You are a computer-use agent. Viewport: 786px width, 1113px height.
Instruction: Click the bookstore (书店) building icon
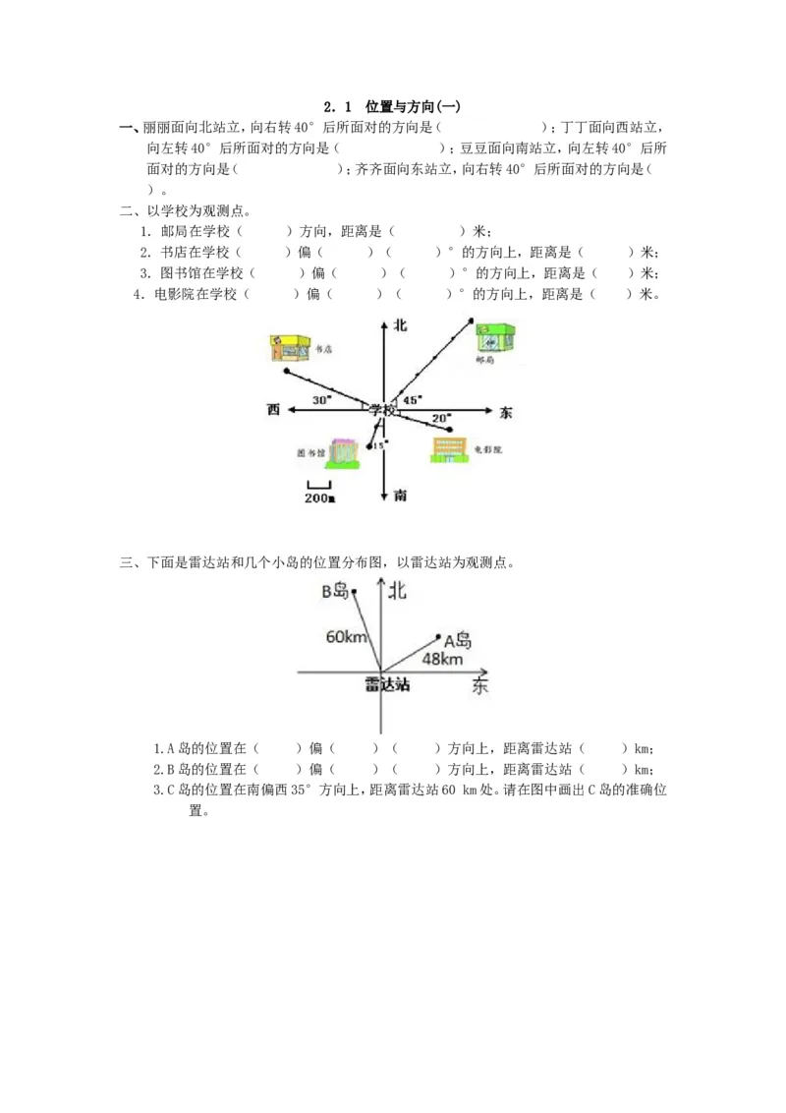coord(290,347)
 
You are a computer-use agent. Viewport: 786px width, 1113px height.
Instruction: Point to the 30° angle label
coord(322,400)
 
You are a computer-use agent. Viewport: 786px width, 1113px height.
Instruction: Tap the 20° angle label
coord(442,418)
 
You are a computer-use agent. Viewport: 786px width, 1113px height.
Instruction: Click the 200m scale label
coord(319,498)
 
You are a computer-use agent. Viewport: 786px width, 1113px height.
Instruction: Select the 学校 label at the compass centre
coord(383,410)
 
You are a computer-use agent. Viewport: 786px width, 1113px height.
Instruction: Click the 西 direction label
coord(273,409)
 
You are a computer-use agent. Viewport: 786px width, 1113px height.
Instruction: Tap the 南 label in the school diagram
coord(400,496)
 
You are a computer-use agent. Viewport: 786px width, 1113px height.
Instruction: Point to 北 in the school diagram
coord(400,324)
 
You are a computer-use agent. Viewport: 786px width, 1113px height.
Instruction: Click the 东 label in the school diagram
coord(506,413)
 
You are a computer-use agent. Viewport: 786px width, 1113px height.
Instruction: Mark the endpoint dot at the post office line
coord(472,320)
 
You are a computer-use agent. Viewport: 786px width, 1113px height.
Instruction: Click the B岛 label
coord(335,591)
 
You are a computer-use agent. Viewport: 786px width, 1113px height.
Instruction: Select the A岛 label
coord(458,641)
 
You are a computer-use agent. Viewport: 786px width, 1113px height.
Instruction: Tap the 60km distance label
coord(347,636)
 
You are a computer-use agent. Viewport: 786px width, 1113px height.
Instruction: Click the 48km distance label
coord(442,659)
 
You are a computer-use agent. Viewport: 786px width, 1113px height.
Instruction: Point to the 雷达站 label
coord(387,683)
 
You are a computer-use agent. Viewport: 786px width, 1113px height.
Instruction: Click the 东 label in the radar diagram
coord(479,685)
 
